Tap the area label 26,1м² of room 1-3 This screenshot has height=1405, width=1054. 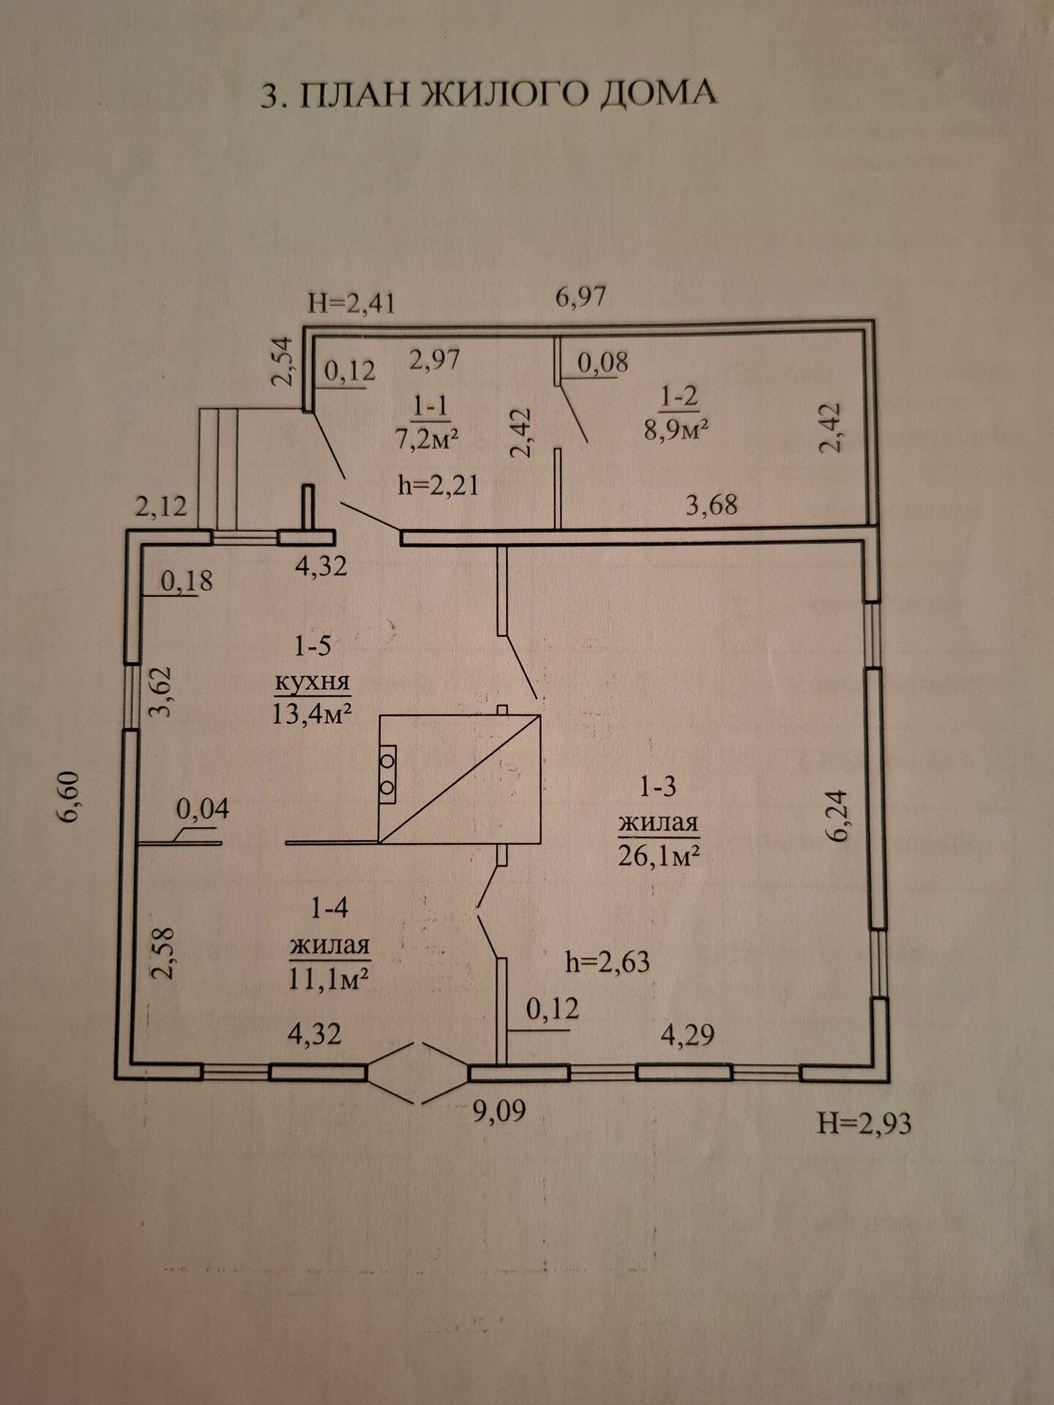659,855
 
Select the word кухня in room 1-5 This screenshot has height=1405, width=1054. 313,683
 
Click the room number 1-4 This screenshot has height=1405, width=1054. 329,909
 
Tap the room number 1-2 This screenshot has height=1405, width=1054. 679,396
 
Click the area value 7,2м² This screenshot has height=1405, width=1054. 428,438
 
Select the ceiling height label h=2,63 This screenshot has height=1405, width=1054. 607,961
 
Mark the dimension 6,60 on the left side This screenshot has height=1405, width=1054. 72,798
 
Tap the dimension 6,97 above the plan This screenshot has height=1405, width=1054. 580,298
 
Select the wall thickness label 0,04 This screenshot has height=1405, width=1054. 203,809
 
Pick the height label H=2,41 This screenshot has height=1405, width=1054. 351,303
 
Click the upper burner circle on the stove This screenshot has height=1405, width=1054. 386,761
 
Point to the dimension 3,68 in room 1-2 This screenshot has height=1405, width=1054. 711,504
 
